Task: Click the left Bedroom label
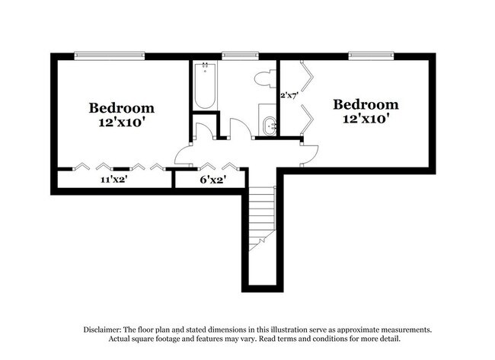pos(121,108)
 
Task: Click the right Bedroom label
pos(366,104)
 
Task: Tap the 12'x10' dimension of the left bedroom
pos(121,123)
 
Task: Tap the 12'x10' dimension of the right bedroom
pos(366,119)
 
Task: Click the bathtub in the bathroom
pos(205,86)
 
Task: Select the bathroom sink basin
pos(269,126)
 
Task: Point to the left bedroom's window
pos(109,55)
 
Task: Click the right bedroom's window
pos(371,55)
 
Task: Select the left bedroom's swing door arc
pos(184,155)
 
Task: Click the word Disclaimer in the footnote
pos(103,330)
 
